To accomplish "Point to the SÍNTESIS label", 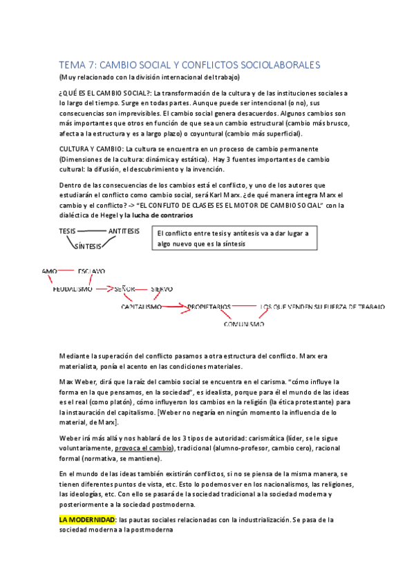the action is [88, 246].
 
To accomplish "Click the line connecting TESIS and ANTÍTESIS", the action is [92, 231].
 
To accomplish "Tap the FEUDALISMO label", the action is [73, 289].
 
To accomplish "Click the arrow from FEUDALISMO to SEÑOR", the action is [104, 289].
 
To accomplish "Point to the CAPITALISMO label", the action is [142, 306].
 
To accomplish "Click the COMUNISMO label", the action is [244, 323].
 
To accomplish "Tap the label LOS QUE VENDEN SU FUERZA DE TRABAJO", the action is [322, 306].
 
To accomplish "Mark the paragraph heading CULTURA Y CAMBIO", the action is [91, 149].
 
